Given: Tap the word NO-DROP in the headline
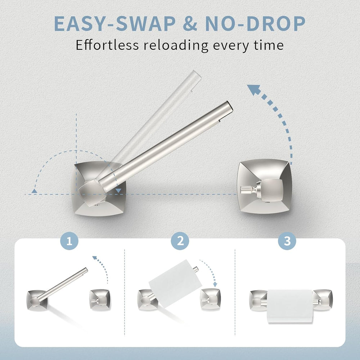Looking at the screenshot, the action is (x=255, y=24).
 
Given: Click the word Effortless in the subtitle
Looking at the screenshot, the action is (x=107, y=45).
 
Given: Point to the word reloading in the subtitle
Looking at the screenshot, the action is (x=176, y=45).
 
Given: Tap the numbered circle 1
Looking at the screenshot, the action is (x=69, y=241).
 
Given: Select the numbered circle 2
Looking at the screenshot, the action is (x=180, y=241).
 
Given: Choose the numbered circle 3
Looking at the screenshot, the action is (x=287, y=241).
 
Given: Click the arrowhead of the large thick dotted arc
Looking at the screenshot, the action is (x=254, y=90).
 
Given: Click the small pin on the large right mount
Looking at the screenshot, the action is (x=246, y=190).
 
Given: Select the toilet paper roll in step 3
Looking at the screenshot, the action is (x=290, y=306).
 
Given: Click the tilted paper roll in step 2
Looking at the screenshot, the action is (x=175, y=283).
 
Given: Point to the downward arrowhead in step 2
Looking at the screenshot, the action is (x=215, y=284).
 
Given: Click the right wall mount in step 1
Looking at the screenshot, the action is (x=100, y=300).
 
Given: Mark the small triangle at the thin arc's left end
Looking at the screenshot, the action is (x=34, y=191).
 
